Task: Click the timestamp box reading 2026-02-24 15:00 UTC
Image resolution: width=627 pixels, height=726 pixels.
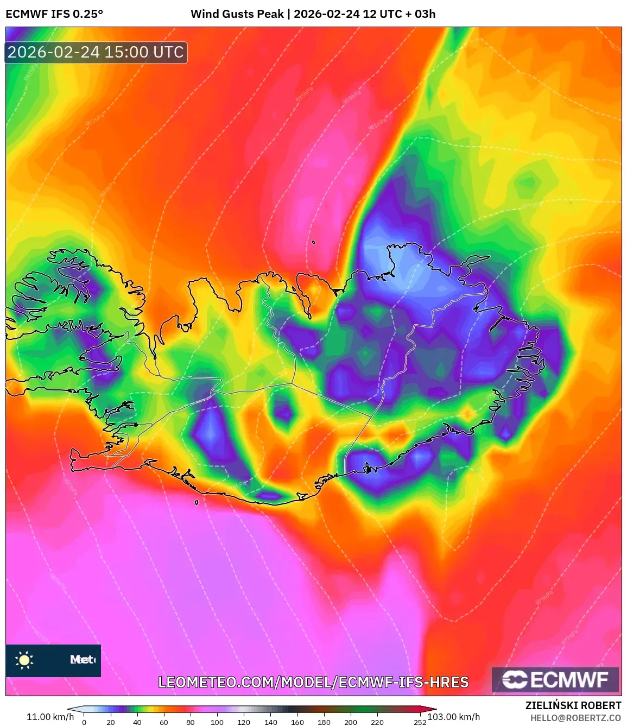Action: pyautogui.click(x=96, y=52)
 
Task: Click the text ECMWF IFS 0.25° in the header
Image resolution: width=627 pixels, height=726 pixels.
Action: pyautogui.click(x=54, y=14)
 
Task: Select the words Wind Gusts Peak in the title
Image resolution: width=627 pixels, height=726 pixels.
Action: pyautogui.click(x=237, y=14)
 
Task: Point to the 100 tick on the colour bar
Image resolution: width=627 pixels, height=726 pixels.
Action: pyautogui.click(x=217, y=722)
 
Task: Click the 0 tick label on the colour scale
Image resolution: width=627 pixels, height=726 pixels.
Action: pyautogui.click(x=84, y=722)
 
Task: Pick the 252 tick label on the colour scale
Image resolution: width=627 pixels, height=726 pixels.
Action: pyautogui.click(x=420, y=722)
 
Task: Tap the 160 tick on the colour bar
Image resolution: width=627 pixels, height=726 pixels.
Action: pyautogui.click(x=297, y=722)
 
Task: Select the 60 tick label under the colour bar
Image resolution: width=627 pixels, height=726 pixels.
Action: pyautogui.click(x=164, y=722)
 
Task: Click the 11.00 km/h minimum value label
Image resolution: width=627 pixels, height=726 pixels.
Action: pyautogui.click(x=50, y=717)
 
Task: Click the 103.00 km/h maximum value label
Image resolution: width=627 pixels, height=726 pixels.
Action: pyautogui.click(x=454, y=717)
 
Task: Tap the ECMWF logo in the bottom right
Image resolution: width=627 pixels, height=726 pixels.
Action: pyautogui.click(x=555, y=680)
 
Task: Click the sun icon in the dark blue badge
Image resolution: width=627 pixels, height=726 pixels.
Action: pyautogui.click(x=24, y=660)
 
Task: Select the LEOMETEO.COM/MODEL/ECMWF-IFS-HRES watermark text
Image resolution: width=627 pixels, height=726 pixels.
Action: pyautogui.click(x=313, y=682)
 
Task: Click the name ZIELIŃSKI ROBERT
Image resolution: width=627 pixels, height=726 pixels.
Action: pyautogui.click(x=573, y=705)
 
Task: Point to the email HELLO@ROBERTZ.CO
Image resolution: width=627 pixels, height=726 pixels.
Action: pyautogui.click(x=575, y=718)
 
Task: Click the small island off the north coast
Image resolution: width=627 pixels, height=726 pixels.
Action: pyautogui.click(x=314, y=243)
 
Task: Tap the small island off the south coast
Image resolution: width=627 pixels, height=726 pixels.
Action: pyautogui.click(x=197, y=502)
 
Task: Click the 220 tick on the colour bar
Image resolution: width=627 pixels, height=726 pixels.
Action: pyautogui.click(x=377, y=722)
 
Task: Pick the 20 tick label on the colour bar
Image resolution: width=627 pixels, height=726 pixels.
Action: pyautogui.click(x=111, y=722)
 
